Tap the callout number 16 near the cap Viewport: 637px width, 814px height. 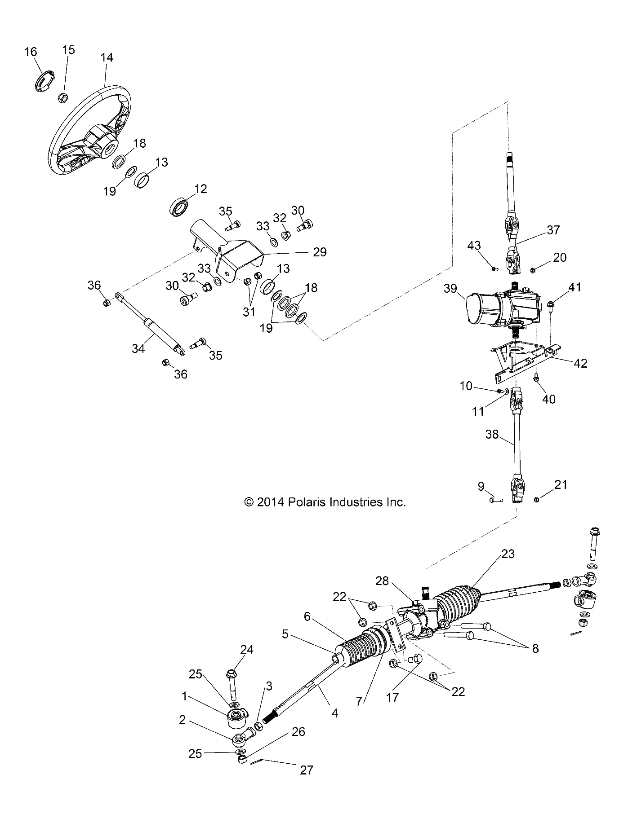[31, 52]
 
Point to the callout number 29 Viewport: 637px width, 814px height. [320, 251]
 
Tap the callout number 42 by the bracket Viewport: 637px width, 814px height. [580, 363]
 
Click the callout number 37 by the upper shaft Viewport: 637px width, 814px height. [553, 230]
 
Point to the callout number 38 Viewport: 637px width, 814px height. [493, 434]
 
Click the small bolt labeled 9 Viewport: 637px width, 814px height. [495, 499]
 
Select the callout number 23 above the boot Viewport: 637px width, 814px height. [508, 554]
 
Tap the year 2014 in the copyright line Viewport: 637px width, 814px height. [270, 502]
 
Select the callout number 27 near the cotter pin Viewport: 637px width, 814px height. [306, 770]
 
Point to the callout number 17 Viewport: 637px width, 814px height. [392, 697]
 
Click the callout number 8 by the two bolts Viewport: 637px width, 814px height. [535, 648]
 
